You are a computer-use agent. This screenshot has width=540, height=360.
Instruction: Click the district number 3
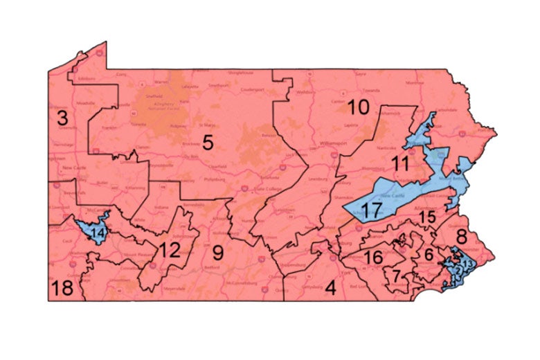[x=62, y=116]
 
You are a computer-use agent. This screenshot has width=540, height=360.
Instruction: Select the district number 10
[x=358, y=107]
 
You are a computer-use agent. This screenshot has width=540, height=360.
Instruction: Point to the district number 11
[x=399, y=164]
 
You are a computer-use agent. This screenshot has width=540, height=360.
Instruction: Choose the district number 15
[x=427, y=217]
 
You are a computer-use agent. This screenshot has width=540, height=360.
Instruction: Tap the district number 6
[x=429, y=254]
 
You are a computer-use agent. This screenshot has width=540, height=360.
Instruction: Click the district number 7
[x=395, y=276]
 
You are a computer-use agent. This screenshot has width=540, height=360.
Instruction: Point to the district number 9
[x=218, y=253]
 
